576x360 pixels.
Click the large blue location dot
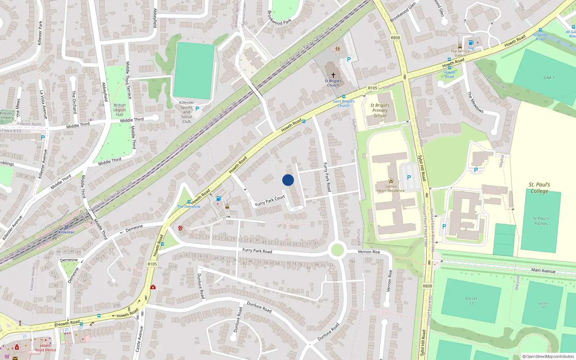288,180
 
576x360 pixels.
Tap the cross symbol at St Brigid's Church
333,75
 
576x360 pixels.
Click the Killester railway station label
66,232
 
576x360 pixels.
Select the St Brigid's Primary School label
380,111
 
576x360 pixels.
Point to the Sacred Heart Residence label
391,189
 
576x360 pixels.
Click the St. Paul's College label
539,188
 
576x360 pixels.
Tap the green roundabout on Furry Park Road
337,250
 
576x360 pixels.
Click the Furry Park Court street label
270,201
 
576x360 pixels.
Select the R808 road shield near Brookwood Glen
395,38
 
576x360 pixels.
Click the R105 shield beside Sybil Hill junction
373,88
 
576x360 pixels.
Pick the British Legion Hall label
120,110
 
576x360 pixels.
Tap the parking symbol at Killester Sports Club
197,108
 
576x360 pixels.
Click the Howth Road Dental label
45,348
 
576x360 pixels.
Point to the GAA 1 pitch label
549,77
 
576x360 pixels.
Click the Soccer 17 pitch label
471,301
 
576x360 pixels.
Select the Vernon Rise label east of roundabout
369,252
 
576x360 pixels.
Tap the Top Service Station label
460,53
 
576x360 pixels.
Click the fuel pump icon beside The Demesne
219,198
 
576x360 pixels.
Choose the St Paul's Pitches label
541,221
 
